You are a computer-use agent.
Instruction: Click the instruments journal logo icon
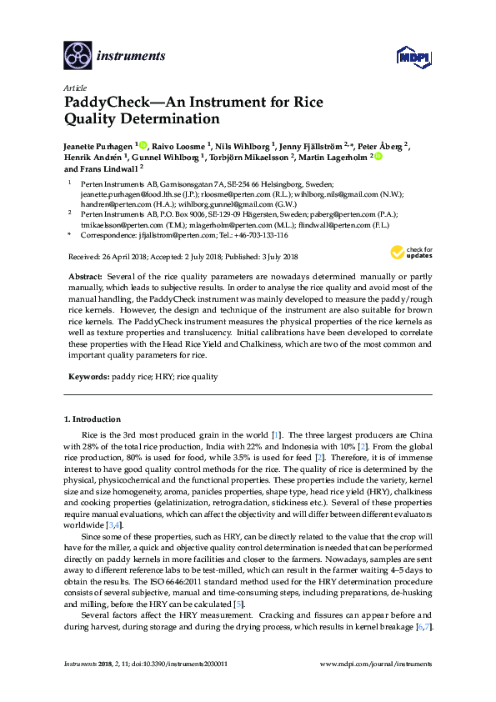click(77, 56)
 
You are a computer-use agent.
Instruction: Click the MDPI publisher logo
click(405, 57)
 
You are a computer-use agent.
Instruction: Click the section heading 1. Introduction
click(97, 419)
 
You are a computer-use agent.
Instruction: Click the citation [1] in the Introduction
click(276, 435)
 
